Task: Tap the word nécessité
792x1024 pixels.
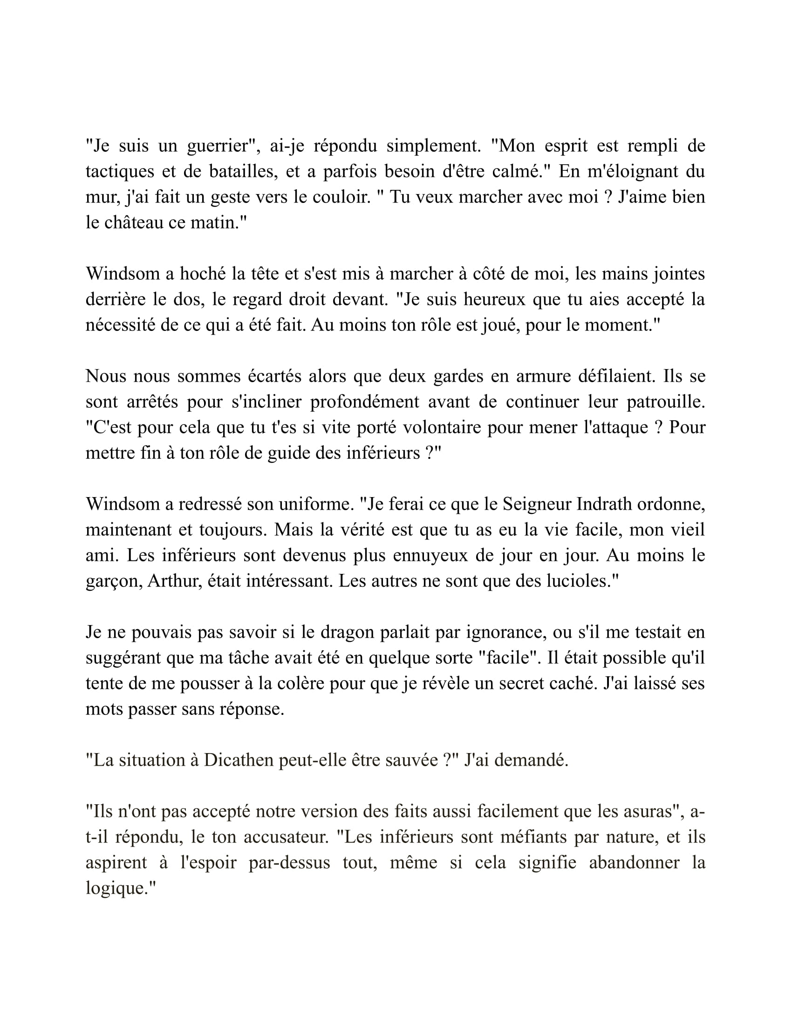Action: tap(120, 325)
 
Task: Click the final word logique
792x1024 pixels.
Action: tap(116, 888)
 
